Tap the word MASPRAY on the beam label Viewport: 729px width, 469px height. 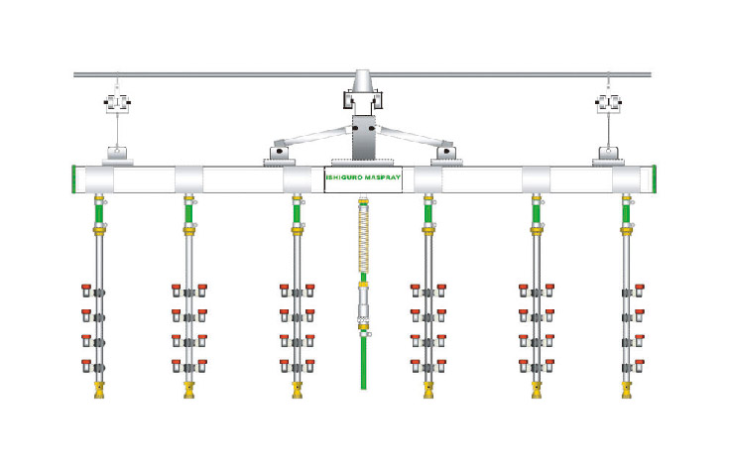point(382,179)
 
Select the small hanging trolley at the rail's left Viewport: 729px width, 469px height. point(118,102)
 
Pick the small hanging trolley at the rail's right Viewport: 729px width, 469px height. point(608,102)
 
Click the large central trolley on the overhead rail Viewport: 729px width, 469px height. point(363,96)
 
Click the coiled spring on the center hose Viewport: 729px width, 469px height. point(363,237)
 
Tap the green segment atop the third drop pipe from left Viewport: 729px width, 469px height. point(297,210)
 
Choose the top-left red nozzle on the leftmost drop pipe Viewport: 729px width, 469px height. point(86,290)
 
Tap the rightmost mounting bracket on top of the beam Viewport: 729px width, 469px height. point(608,155)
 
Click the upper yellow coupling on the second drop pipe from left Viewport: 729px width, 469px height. point(187,230)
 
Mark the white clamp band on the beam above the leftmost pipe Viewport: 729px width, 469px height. point(98,179)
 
